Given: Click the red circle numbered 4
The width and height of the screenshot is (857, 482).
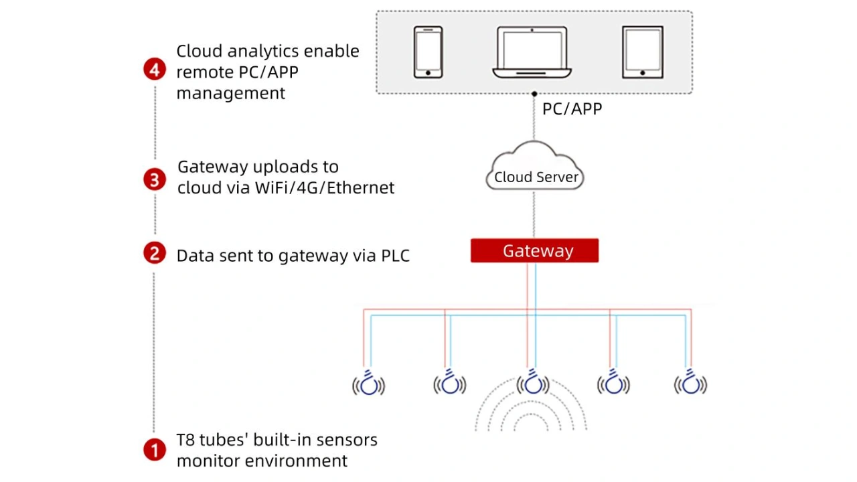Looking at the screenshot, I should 155,70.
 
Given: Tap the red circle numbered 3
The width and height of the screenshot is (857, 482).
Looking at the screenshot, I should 155,179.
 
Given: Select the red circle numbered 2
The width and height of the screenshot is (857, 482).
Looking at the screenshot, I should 155,253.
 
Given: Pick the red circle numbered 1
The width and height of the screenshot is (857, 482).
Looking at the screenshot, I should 155,450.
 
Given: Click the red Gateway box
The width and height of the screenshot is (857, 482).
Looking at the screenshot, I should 534,251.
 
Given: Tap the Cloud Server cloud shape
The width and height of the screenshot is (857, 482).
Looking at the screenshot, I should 534,169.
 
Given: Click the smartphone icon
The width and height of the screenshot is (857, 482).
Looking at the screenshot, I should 428,52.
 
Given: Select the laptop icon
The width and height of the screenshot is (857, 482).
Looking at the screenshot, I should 532,52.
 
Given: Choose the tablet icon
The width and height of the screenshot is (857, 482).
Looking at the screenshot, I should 642,52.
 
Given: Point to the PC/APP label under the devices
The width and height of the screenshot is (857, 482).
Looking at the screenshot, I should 572,108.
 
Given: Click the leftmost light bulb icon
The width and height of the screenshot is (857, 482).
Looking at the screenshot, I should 369,383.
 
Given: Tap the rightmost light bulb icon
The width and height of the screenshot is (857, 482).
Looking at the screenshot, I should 690,383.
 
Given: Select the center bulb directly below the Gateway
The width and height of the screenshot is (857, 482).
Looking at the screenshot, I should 533,383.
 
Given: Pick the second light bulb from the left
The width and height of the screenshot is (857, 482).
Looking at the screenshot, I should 450,383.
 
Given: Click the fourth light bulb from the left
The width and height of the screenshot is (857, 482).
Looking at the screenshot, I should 613,383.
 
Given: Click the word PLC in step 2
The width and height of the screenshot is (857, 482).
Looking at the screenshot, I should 395,255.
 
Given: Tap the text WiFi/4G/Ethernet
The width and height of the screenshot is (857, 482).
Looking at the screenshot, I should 325,187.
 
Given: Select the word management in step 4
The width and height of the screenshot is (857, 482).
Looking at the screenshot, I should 230,93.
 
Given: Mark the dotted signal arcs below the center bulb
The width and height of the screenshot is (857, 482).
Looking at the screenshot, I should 530,412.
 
